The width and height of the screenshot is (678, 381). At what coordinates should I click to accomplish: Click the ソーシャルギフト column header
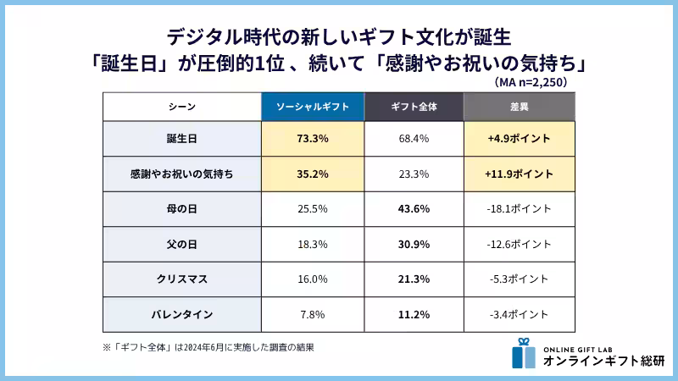click(x=312, y=107)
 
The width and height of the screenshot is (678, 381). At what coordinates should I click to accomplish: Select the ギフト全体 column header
click(x=414, y=107)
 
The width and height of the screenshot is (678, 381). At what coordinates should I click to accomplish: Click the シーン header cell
click(x=181, y=107)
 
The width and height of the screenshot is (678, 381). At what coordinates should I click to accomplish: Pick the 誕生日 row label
click(x=181, y=138)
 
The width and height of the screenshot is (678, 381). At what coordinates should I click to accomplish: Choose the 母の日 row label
click(x=181, y=208)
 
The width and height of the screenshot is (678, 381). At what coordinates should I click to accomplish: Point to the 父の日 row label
click(x=181, y=244)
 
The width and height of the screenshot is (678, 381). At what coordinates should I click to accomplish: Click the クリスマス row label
click(x=181, y=279)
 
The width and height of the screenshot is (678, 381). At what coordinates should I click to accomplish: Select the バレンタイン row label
click(x=181, y=314)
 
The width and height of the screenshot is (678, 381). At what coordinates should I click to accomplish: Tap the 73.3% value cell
click(x=312, y=138)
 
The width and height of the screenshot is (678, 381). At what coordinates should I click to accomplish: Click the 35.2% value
click(x=312, y=174)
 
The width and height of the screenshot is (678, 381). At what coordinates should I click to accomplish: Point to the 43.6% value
click(x=414, y=208)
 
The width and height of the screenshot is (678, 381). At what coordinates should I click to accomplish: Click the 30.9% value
click(x=414, y=244)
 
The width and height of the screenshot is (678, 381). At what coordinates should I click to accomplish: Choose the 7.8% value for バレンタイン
click(x=312, y=314)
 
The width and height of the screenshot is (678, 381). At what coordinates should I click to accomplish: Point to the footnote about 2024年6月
click(x=208, y=347)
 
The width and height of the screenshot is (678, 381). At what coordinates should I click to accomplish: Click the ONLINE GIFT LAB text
click(x=580, y=345)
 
